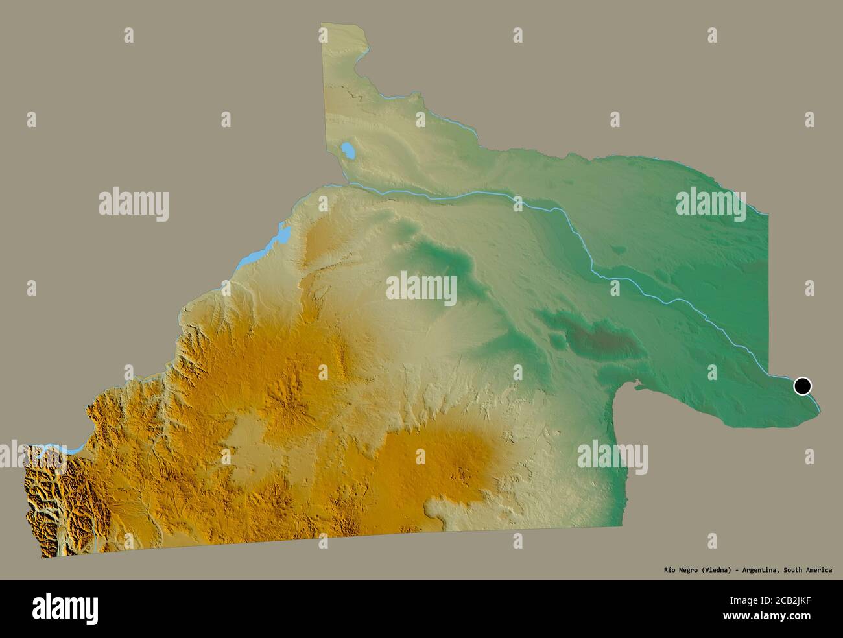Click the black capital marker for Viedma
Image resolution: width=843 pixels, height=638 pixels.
[803, 386]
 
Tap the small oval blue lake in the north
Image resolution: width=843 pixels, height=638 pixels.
[348, 153]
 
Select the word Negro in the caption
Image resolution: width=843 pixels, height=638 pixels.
[678, 570]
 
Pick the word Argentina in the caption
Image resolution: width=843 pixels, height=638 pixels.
[759, 570]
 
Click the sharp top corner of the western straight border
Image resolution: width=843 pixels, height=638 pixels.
[322, 25]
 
